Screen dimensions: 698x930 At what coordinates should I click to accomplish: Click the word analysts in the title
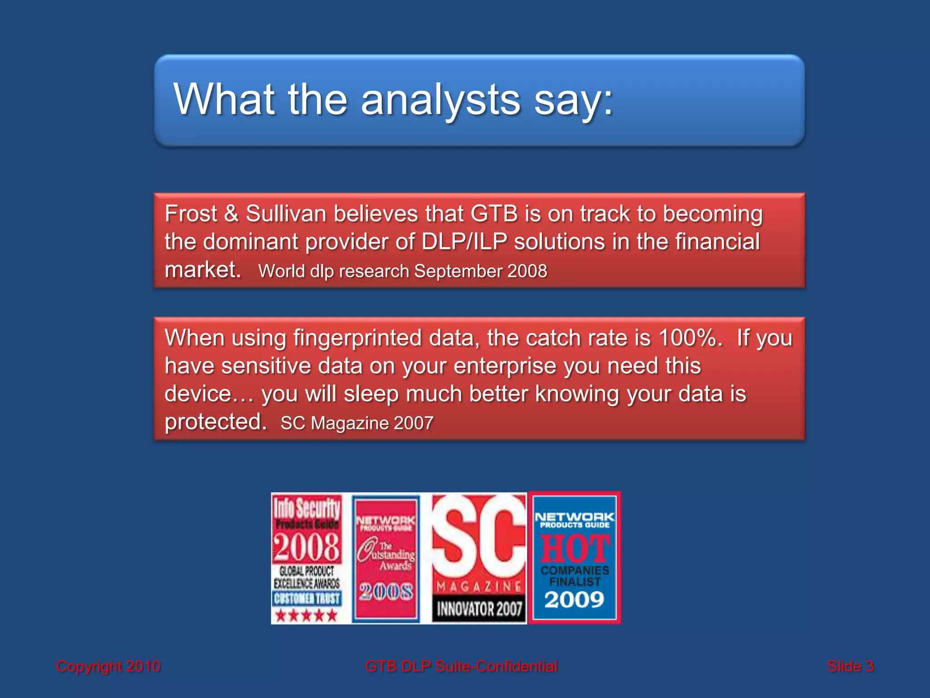(x=440, y=100)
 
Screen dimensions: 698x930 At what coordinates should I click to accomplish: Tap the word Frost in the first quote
(x=191, y=214)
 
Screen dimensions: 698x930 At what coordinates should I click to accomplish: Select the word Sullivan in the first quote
(x=286, y=214)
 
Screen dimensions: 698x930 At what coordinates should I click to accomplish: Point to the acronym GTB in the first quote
(x=494, y=214)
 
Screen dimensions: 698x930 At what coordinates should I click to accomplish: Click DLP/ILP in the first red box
(x=464, y=242)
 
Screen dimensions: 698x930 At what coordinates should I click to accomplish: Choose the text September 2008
(x=480, y=271)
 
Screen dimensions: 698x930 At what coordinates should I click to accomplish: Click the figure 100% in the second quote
(x=688, y=338)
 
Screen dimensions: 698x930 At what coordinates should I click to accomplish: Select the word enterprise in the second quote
(x=505, y=366)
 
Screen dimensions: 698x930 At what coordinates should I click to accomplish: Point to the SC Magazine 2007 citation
(x=357, y=423)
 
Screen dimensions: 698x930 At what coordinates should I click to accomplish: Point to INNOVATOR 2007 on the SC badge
(x=479, y=609)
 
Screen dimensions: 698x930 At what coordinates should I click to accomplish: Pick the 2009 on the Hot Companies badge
(x=574, y=600)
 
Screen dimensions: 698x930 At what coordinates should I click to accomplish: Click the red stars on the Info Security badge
(x=307, y=616)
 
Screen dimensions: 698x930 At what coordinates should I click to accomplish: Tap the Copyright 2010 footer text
(x=108, y=667)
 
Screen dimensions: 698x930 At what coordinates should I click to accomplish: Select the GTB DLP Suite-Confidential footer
(x=461, y=667)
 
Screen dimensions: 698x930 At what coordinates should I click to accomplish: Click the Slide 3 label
(x=850, y=667)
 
